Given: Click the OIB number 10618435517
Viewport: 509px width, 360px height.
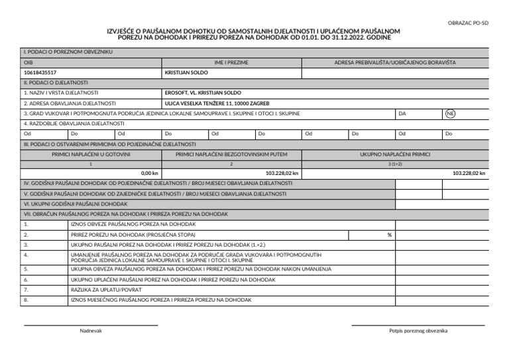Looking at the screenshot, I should (x=40, y=72).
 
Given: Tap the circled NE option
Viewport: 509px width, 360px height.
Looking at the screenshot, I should (x=450, y=113).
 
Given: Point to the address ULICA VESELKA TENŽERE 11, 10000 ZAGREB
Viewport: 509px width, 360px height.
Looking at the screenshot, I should (x=216, y=103).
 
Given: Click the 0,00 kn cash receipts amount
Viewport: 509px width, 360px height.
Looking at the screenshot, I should (x=150, y=173).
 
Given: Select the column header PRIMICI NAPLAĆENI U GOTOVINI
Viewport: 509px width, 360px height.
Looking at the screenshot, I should (x=91, y=154).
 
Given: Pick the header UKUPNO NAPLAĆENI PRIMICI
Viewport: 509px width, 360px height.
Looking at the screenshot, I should (x=395, y=154).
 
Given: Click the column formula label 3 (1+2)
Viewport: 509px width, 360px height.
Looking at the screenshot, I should (x=395, y=163).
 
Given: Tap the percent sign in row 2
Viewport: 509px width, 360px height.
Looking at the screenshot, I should (x=390, y=235).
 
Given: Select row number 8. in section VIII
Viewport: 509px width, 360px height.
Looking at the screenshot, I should (x=26, y=300).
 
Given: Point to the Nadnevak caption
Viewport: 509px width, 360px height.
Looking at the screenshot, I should (x=91, y=330).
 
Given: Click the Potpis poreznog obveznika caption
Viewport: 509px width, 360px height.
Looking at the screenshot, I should (x=418, y=330).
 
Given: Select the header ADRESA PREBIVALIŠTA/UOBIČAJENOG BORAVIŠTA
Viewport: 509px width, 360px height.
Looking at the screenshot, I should (x=395, y=62).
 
